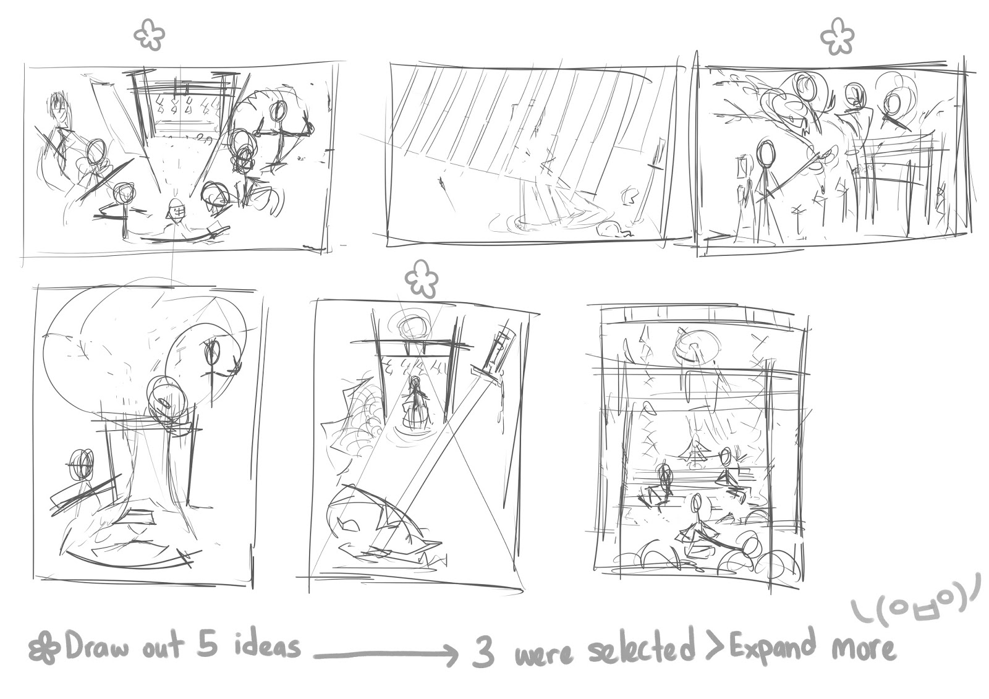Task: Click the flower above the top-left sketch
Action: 149,34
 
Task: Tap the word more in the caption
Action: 863,648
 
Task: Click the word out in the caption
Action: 163,646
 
